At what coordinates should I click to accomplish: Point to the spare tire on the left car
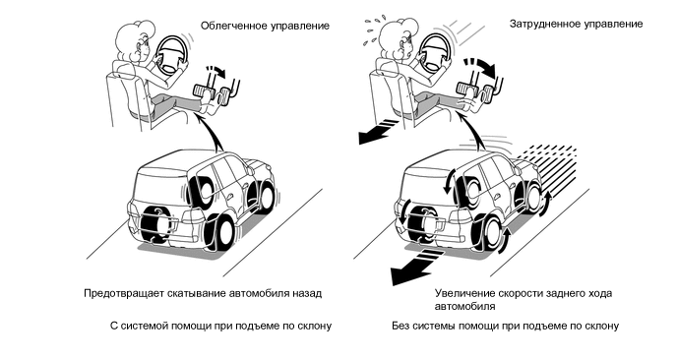[154, 223]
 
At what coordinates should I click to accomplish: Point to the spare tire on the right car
[422, 223]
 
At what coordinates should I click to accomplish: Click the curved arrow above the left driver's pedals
[216, 71]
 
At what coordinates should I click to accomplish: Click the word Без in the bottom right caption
[400, 326]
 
